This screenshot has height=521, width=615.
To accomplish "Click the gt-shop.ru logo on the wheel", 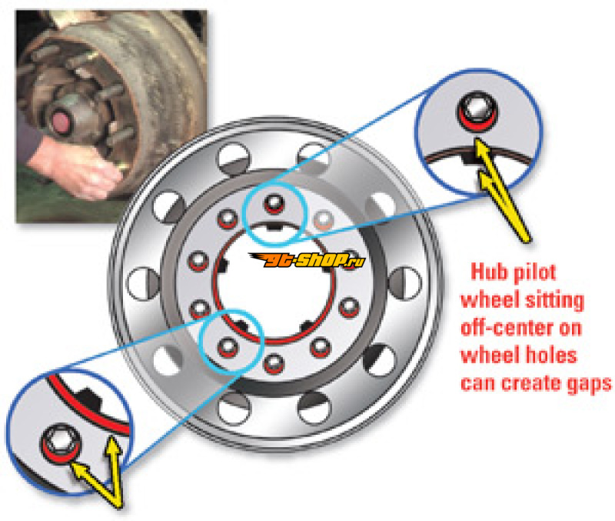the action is point(307,260).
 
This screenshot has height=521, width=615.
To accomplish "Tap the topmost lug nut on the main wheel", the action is point(274,203).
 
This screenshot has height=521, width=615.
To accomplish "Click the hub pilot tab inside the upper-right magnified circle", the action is point(470,159).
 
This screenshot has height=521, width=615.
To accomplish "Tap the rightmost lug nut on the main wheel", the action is point(349,307).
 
